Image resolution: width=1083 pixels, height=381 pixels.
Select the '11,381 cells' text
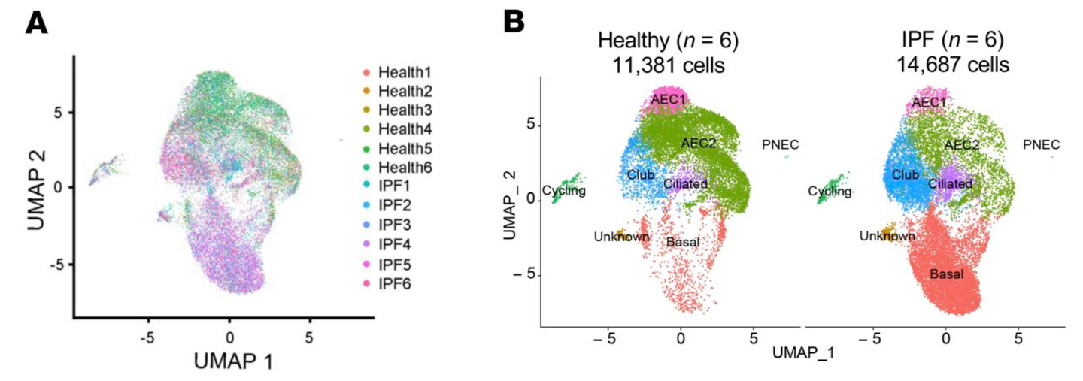[669, 65]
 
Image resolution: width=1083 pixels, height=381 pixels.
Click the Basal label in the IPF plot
[947, 274]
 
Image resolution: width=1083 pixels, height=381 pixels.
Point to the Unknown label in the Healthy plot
[621, 237]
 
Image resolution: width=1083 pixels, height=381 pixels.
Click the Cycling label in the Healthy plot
[564, 191]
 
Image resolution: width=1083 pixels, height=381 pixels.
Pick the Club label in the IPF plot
[906, 175]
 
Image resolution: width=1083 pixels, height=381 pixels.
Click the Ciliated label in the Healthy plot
[687, 183]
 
